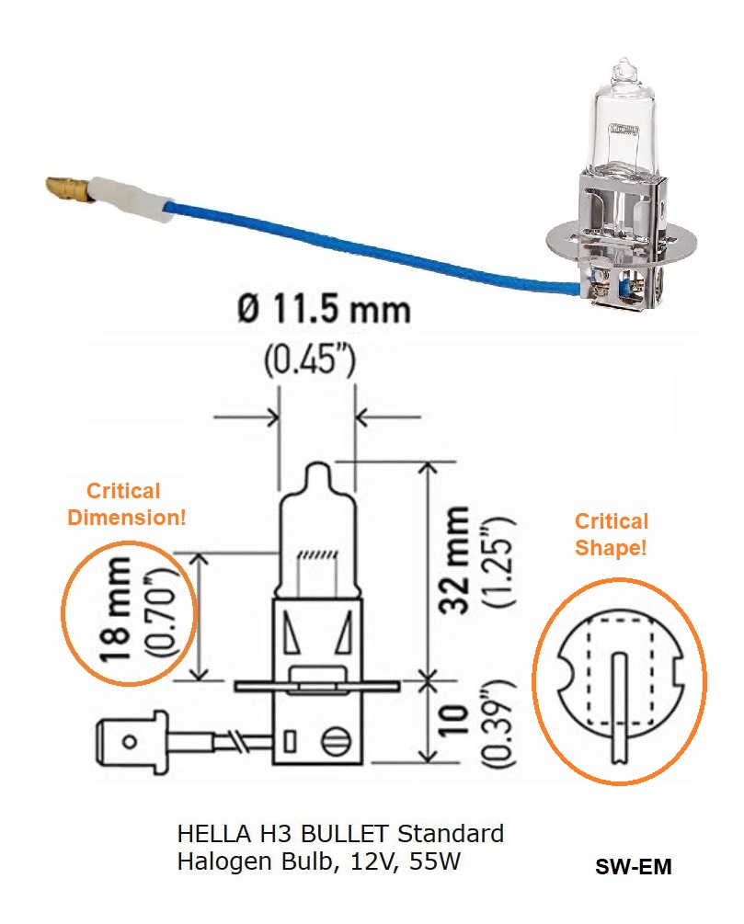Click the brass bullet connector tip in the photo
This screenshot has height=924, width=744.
pos(66,190)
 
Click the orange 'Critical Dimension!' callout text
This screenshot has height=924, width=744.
pos(127,504)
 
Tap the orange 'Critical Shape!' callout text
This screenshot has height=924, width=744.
pos(612,534)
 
